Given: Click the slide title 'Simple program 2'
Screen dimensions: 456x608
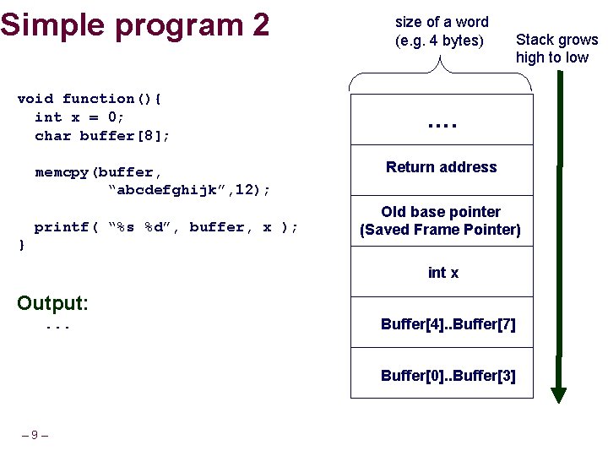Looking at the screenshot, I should coord(135,24).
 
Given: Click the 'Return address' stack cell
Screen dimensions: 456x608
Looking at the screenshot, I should coord(441,167).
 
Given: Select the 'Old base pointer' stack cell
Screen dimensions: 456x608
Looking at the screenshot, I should coord(441,220).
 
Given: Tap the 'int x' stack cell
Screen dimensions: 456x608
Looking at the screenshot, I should coord(442,273).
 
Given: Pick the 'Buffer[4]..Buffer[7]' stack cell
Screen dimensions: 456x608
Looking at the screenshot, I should coord(448,324).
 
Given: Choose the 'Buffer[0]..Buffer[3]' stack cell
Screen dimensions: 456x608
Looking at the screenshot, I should coord(448,376).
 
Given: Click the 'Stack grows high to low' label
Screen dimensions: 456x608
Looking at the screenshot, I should coord(556,48).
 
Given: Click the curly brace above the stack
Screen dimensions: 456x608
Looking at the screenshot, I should coord(441,74).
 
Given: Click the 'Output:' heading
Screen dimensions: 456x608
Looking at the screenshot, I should coord(52,302).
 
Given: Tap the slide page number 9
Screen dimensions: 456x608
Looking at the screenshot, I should coord(34,435).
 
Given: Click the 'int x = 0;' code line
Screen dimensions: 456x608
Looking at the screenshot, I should coord(79,117).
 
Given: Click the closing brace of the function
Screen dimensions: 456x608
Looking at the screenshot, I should coord(21,245).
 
